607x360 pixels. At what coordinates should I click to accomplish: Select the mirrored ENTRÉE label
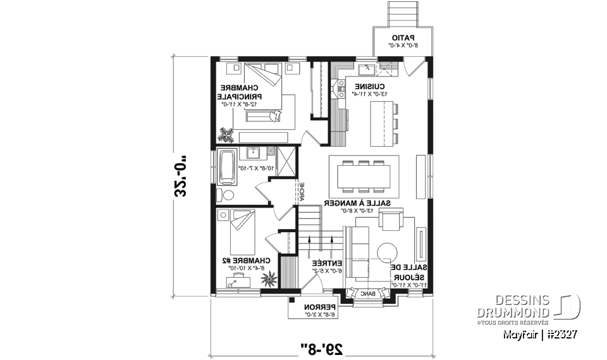(327, 263)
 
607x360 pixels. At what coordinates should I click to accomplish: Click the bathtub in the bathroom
(226, 166)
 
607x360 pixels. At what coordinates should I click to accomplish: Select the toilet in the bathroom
(228, 195)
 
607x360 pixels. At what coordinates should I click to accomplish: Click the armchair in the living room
(389, 221)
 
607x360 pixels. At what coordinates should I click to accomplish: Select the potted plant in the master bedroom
(226, 134)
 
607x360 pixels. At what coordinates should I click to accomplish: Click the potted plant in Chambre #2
(269, 276)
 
